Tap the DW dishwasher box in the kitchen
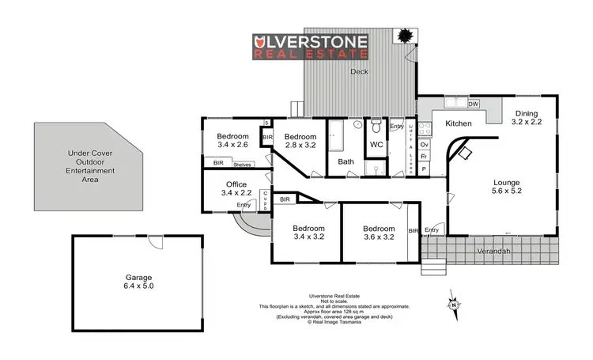coord(474,104)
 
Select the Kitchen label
coord(458,124)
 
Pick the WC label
coord(377,145)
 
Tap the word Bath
coord(346,162)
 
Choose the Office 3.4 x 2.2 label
coord(237,188)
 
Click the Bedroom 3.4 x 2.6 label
coord(232,140)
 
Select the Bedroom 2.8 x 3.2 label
coord(300,140)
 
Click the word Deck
coord(360,71)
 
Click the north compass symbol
coord(453,303)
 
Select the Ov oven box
coord(425,145)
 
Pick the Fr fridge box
coord(425,157)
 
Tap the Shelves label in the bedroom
coord(243,164)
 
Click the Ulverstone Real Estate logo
coord(310,47)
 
